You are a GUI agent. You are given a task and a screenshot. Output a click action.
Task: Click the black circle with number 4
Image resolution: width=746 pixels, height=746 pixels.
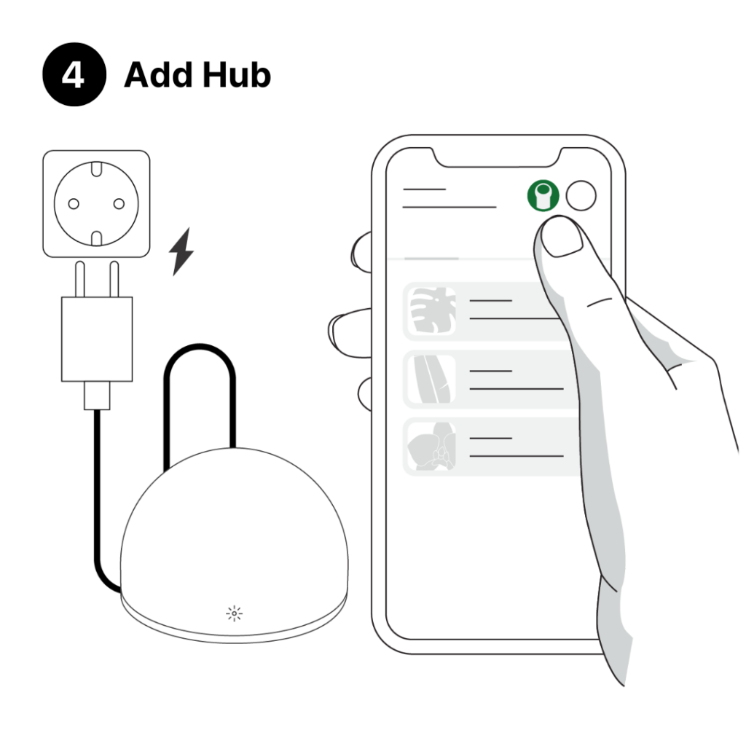point(73,76)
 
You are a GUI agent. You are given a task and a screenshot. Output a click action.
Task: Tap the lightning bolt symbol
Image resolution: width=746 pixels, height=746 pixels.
point(181,251)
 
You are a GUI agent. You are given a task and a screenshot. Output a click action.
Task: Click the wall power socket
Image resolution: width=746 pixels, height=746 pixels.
point(96,203)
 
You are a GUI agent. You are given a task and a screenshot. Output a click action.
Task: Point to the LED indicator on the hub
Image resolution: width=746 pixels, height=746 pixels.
point(235,614)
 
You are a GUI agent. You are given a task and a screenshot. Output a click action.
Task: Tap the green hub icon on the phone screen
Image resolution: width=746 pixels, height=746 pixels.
point(543,195)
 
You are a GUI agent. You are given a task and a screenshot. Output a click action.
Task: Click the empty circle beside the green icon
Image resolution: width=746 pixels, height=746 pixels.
point(581,195)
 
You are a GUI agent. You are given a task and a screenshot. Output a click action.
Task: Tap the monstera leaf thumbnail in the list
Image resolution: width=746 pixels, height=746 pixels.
point(430,311)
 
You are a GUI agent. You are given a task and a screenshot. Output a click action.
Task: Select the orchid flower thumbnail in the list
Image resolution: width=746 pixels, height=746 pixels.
point(430,448)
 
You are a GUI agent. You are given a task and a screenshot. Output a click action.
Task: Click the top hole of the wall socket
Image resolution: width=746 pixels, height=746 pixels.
point(96,173)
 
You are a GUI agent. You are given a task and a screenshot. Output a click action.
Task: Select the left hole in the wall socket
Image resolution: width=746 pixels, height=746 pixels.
point(74,203)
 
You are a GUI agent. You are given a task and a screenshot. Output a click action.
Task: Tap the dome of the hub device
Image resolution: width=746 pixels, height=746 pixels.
point(233,525)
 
